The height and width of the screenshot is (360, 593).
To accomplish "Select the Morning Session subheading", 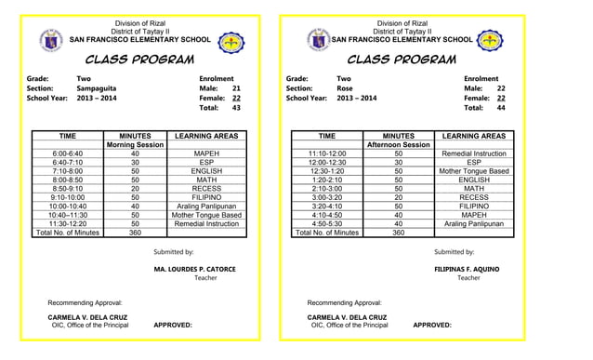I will tap(136, 145).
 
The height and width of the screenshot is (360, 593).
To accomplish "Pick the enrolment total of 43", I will tap(236, 108).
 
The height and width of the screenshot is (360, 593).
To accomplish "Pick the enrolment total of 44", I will tap(501, 108).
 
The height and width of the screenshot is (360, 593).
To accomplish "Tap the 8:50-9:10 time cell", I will tap(67, 188).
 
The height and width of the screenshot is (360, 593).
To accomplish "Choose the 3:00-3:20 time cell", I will tap(326, 197).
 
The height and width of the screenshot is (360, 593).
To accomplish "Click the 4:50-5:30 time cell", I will tap(326, 223).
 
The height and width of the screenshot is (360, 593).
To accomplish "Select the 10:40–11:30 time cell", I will tap(67, 215).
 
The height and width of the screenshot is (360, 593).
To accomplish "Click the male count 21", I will tap(236, 88).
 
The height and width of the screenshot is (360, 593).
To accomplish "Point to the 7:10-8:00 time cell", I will tap(67, 171).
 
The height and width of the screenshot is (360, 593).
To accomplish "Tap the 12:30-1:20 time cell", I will tap(326, 171).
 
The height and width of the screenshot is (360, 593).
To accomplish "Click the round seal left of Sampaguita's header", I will tap(52, 42).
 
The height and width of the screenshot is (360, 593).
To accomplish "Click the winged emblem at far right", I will tap(491, 42).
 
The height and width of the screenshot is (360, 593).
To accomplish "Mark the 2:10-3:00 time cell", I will tap(326, 188).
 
